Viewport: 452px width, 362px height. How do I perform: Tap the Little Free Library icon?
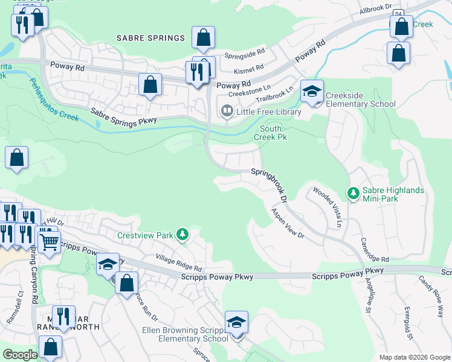(227, 111)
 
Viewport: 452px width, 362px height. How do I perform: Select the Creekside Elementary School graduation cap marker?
(312, 92)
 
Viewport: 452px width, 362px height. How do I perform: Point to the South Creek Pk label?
(273, 133)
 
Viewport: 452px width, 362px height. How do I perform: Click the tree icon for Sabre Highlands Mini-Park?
(353, 194)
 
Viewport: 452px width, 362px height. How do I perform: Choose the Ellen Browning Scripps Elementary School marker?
(237, 323)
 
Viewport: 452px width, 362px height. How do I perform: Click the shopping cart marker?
(49, 243)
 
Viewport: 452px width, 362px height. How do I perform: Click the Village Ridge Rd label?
(178, 264)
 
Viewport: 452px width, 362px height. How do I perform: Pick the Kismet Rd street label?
(253, 68)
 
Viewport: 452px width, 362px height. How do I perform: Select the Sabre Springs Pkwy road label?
(124, 116)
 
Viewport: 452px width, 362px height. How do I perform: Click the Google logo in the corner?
(20, 355)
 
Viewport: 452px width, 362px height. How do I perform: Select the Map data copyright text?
(414, 357)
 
